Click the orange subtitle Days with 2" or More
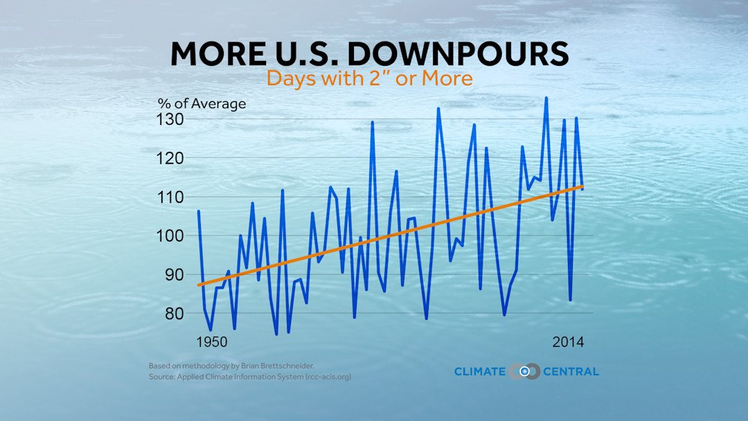click(x=369, y=78)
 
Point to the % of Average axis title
click(x=202, y=104)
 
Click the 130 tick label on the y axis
click(x=170, y=119)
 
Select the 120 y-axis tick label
click(x=170, y=158)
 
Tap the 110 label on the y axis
click(x=170, y=197)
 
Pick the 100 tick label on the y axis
click(x=170, y=235)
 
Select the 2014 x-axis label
click(x=568, y=342)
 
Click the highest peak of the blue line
click(x=546, y=98)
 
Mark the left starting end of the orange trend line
click(x=199, y=285)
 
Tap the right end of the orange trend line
click(x=582, y=186)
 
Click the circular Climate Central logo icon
click(x=524, y=371)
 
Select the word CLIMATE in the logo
click(x=479, y=372)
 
